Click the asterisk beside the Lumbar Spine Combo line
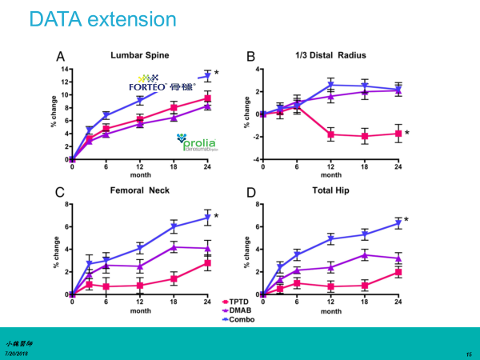click(216, 74)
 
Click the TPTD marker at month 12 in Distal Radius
click(330, 134)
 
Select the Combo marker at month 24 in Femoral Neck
click(208, 217)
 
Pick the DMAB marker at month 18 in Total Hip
click(364, 255)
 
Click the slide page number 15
click(468, 353)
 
